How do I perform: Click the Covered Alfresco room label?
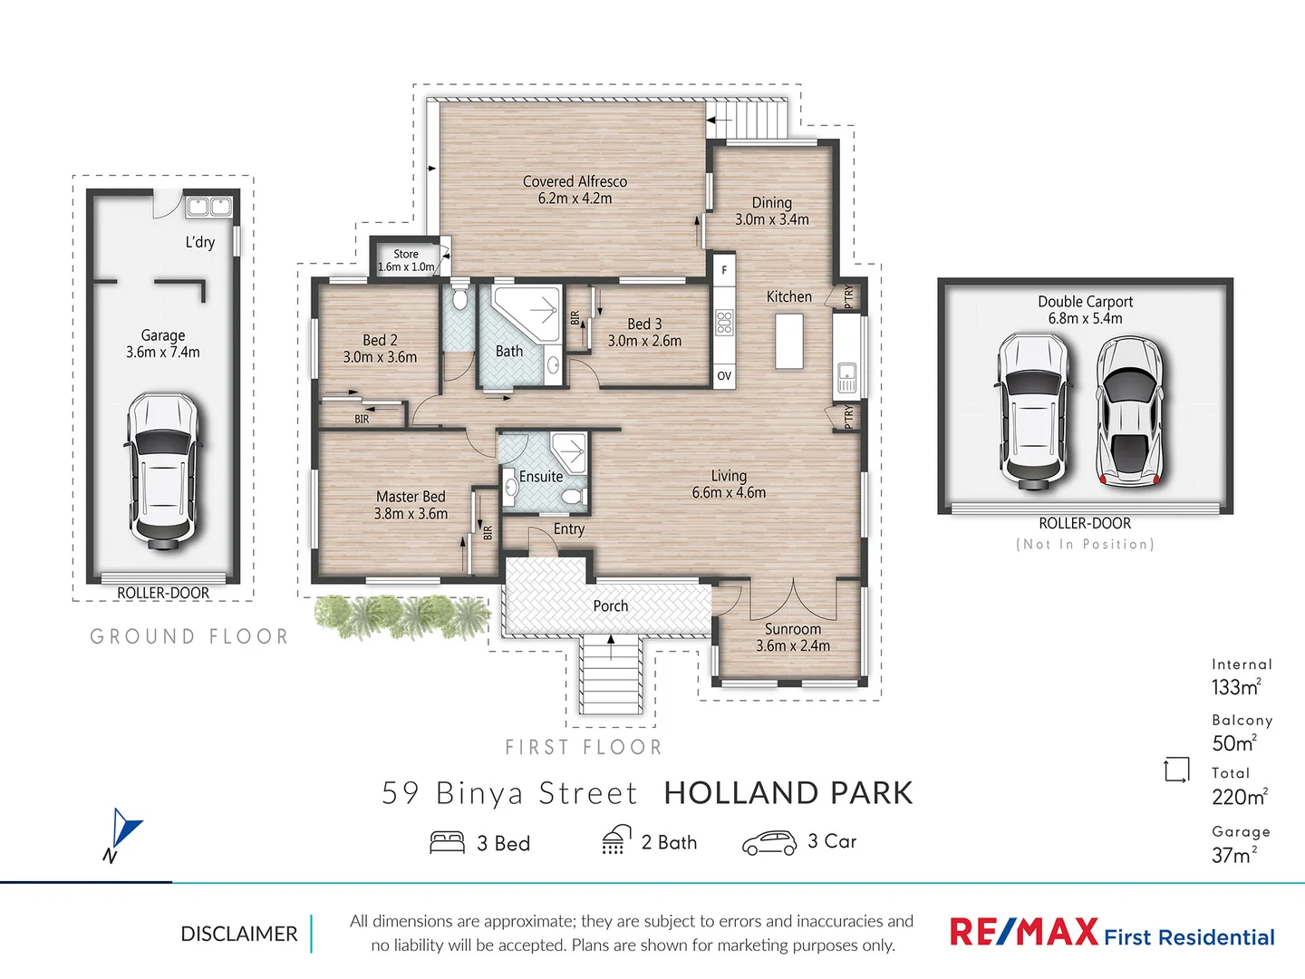point(575,182)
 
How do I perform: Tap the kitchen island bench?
point(789,341)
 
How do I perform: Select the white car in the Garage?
point(162,470)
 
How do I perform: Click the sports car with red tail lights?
point(1129,412)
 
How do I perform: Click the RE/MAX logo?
point(1023,933)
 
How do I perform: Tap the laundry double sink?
point(209,208)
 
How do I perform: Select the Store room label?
point(406,255)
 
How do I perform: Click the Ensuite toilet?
point(572,498)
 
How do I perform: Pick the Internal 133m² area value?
point(1235,687)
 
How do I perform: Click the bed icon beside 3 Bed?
point(447,843)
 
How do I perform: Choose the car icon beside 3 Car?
point(768,843)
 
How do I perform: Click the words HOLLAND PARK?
point(788,793)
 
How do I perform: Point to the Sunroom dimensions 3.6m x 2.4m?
point(793,646)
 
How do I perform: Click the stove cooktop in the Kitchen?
point(724,323)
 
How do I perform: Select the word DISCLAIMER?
point(239,934)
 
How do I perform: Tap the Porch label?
point(610,606)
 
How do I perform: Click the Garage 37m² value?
point(1233,855)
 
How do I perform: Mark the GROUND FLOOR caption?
point(189,636)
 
